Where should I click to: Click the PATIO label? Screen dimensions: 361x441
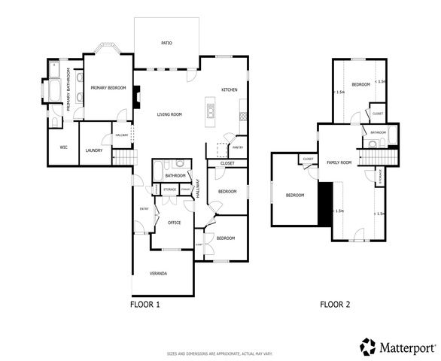point(166,43)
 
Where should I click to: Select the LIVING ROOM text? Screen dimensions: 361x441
point(169,114)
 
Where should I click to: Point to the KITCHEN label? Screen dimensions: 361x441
point(230,89)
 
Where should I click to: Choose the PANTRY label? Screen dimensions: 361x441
point(238,147)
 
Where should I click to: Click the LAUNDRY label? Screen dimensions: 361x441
point(94,150)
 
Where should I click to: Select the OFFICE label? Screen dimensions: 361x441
point(174,223)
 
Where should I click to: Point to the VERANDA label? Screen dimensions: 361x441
point(158,272)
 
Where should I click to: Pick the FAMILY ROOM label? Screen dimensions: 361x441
point(339,162)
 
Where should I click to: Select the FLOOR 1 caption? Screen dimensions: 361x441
point(145,305)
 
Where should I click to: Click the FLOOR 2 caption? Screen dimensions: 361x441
point(335,305)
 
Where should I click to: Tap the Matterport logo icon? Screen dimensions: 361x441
point(367,347)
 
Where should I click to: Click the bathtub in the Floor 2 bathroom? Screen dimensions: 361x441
point(388,139)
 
